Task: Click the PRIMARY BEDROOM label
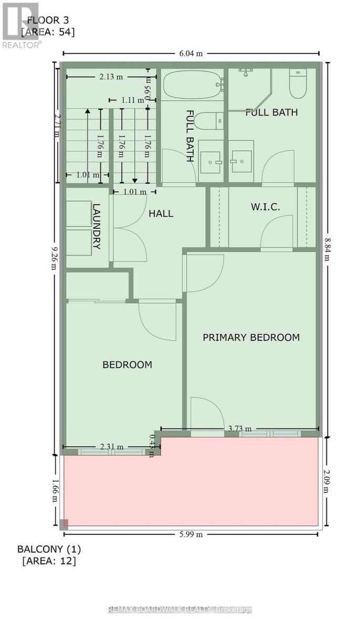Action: [x=251, y=338]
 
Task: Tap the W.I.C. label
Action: [x=264, y=207]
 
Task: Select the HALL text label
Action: [x=161, y=214]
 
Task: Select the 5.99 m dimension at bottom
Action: [x=191, y=534]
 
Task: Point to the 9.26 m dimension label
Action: [x=54, y=259]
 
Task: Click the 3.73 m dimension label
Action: [x=240, y=429]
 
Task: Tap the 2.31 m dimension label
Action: [x=112, y=447]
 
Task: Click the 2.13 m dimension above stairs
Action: [x=111, y=77]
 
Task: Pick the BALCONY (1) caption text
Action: [x=49, y=549]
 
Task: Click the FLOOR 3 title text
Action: [x=48, y=20]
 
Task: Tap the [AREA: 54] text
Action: [x=48, y=32]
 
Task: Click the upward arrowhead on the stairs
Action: [x=88, y=111]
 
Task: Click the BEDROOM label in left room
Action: [x=127, y=364]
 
